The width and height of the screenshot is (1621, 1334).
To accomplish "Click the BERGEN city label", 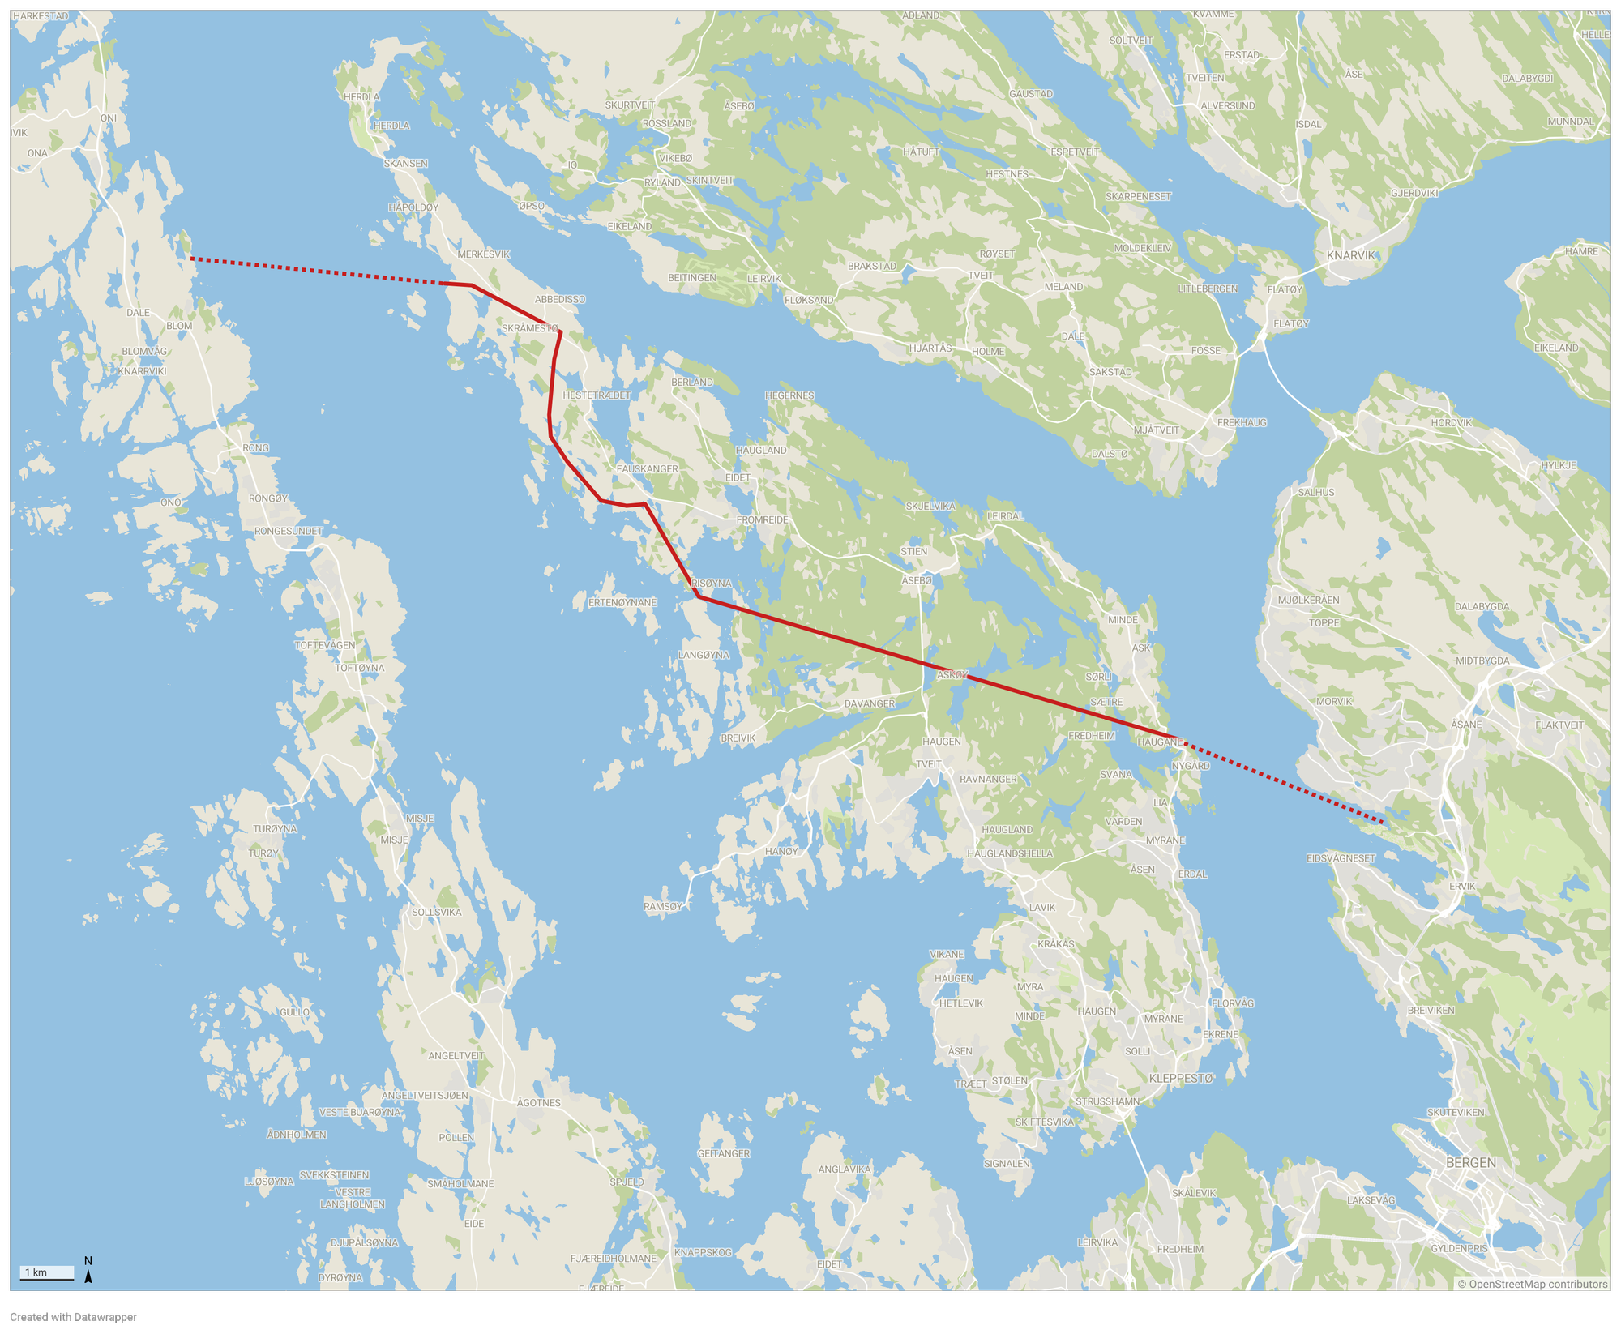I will pos(1470,1162).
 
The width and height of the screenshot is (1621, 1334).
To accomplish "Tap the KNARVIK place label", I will pos(1351,255).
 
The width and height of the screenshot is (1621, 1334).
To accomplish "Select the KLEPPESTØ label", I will pos(1181,1078).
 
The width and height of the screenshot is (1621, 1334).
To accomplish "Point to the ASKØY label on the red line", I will pos(952,674).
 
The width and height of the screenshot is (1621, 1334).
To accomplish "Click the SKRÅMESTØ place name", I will pos(530,328).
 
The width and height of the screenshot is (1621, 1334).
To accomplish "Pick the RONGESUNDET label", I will pos(289,531).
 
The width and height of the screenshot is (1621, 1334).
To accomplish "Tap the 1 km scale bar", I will pos(46,1272).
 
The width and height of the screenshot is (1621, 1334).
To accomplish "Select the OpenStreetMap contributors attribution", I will pos(1532,1284).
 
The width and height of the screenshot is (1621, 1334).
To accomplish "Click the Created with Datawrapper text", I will pos(74,1317).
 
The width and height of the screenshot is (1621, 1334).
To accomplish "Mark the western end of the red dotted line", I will pos(191,259).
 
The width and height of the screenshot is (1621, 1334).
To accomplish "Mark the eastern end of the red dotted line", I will pos(1383,822).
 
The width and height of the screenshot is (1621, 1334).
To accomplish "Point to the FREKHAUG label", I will pos(1242,422).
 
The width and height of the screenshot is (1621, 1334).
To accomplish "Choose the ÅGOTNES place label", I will pos(538,1102).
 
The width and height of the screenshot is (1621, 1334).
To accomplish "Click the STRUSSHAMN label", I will pos(1107,1101).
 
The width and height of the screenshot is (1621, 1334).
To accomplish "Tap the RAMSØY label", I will pos(663,906).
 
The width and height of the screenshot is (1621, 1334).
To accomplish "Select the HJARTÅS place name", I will pos(930,348).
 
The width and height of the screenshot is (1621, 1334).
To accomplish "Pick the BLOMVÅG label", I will pos(144,351).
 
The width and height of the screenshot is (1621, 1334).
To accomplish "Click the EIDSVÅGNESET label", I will pos(1341,858).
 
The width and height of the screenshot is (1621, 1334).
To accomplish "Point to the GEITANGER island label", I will pos(723,1153).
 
